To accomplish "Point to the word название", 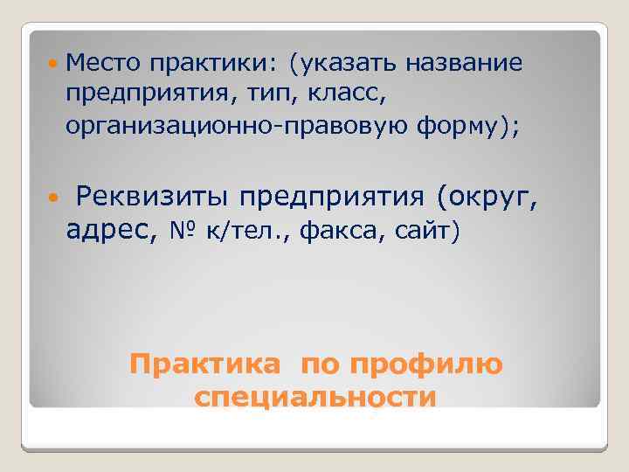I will click(x=464, y=63).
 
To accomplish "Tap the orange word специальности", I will click(x=315, y=398).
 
